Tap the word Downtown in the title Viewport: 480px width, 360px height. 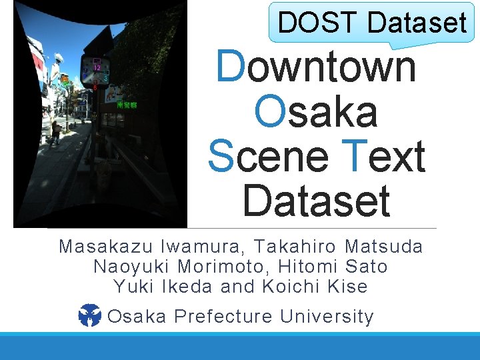(317, 67)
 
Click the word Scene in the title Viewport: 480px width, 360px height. (268, 156)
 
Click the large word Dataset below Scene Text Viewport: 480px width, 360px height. (316, 201)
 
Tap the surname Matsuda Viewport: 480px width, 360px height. (384, 247)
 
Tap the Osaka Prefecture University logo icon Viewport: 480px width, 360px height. (89, 315)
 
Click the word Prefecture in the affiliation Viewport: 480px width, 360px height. (223, 316)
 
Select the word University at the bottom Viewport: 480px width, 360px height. (327, 316)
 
